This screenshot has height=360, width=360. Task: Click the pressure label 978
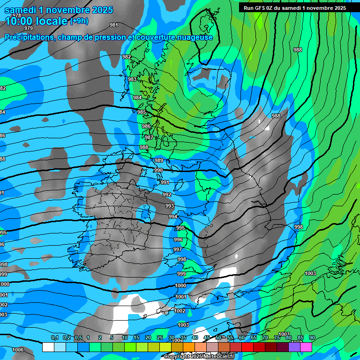[17, 15]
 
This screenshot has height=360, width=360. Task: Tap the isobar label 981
[113, 25]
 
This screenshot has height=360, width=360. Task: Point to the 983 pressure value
[132, 79]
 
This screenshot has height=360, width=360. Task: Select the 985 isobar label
[141, 112]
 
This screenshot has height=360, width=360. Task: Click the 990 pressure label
[158, 170]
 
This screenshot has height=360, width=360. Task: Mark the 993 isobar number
[169, 206]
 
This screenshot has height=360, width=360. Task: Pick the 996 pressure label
[178, 240]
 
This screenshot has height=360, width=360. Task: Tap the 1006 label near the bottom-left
[18, 350]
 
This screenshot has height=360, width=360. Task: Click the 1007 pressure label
[284, 334]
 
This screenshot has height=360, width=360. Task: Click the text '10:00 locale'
[36, 21]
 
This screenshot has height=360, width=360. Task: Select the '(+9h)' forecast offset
[78, 21]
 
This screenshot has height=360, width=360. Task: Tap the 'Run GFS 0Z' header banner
[295, 7]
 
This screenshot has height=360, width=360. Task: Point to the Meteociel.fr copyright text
[199, 357]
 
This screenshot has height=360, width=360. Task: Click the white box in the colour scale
[48, 347]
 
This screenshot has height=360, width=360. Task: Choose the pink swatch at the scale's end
[306, 347]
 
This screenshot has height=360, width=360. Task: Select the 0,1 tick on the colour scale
[54, 338]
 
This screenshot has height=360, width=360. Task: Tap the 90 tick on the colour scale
[312, 338]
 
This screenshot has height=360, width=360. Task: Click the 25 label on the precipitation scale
[159, 338]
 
